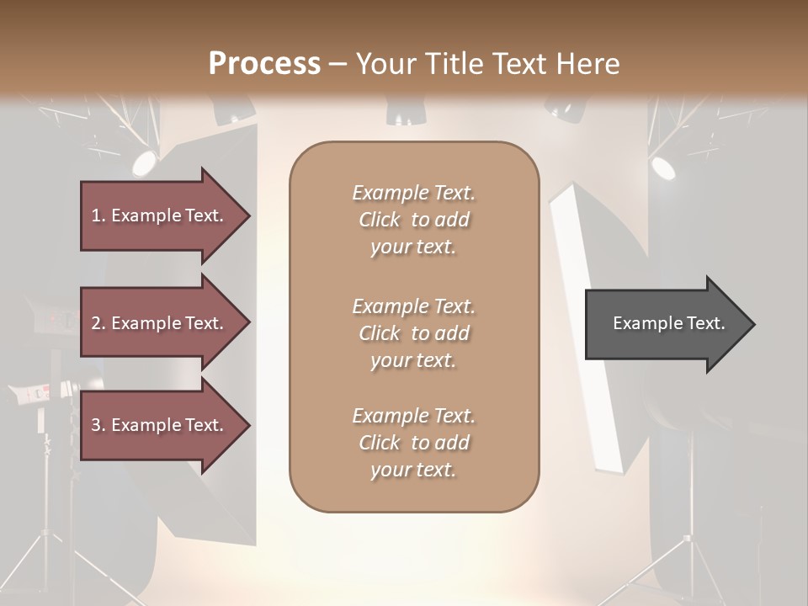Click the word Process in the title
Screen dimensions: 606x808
[x=264, y=63]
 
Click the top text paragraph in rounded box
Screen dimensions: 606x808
[x=413, y=220]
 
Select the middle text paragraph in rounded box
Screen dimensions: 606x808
[x=413, y=333]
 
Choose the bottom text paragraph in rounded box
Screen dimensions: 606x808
[x=413, y=443]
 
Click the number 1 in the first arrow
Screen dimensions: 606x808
[x=96, y=215]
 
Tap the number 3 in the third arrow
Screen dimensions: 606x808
[x=96, y=425]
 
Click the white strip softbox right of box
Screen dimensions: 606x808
[x=588, y=328]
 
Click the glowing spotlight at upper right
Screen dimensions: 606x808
[x=663, y=167]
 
